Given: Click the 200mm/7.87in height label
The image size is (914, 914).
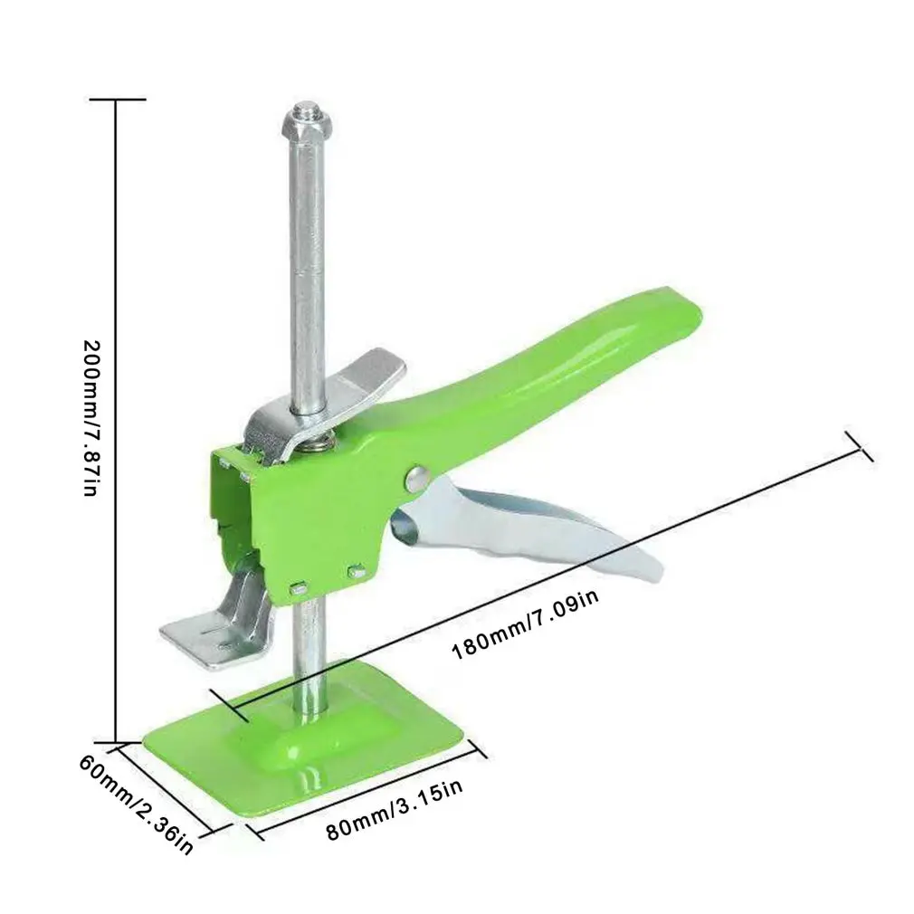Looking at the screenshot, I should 90,417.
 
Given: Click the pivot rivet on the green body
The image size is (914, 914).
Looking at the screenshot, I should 415,478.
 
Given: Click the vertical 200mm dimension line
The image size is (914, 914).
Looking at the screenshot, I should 116,416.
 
